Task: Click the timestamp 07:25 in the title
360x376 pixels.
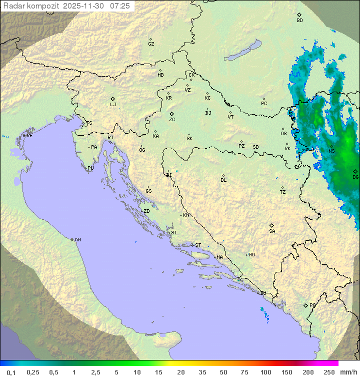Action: coord(119,6)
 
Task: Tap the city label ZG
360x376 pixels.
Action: coord(172,120)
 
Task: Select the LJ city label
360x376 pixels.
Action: coord(113,105)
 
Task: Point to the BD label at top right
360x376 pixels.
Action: coord(299,21)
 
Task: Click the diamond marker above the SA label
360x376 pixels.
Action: coord(272,225)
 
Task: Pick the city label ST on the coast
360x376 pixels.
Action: coord(198,245)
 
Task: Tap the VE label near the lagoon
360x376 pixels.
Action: coord(29,136)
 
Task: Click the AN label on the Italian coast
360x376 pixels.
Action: coord(77,240)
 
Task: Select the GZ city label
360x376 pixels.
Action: coord(151,44)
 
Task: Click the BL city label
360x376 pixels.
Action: coord(223,180)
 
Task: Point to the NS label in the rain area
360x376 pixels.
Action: coord(331,151)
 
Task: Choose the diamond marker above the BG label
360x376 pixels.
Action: coord(355,171)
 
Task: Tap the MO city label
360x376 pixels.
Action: coord(251,255)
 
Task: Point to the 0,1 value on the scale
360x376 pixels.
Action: coord(11,372)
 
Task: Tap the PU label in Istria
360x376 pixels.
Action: coord(90,168)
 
